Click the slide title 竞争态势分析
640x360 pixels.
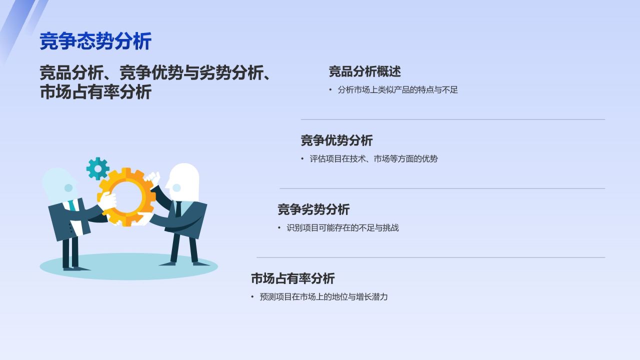[95, 41]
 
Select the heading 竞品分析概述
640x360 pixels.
[364, 71]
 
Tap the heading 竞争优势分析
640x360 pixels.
[336, 140]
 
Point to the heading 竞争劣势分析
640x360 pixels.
[313, 209]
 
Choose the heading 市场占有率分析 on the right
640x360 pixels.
[292, 278]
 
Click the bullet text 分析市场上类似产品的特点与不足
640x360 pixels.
[397, 90]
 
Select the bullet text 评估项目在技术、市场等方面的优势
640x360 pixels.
[373, 159]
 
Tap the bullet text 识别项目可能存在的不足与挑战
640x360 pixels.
[342, 228]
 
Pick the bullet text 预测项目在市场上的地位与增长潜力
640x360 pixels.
[323, 297]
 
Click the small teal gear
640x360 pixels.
[97, 168]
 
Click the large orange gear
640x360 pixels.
[126, 196]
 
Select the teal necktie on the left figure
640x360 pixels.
[73, 205]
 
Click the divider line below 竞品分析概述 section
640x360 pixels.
[452, 119]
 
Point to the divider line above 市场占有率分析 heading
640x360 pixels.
[430, 257]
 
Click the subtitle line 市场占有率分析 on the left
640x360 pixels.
[95, 92]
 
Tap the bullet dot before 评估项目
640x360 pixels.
[302, 159]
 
